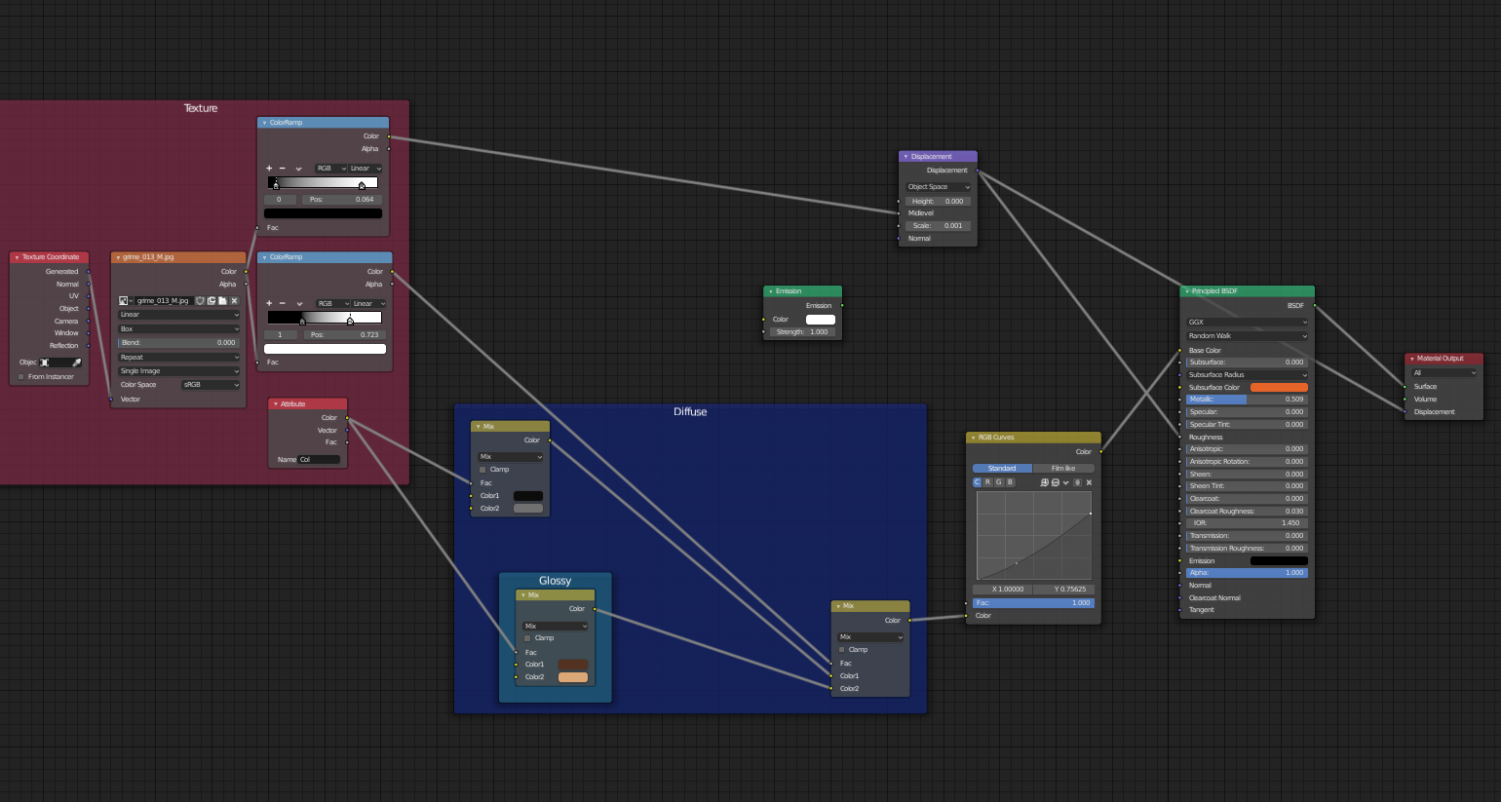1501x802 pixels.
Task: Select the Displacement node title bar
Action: tap(936, 156)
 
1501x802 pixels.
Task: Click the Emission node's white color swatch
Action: tap(820, 320)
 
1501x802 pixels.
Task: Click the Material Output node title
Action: tap(1443, 359)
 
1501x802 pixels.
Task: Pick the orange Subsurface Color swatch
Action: tap(1278, 388)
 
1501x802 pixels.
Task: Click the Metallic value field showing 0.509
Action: tap(1247, 400)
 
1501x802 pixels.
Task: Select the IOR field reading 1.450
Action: tap(1247, 523)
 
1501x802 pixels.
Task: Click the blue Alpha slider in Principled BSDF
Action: tap(1247, 573)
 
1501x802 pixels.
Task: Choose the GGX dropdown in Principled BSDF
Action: tap(1247, 323)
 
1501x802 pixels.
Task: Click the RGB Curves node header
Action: tap(1032, 438)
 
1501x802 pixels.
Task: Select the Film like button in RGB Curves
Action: tap(1063, 469)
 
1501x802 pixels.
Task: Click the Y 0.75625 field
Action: tap(1063, 590)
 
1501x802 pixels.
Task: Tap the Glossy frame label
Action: tap(555, 581)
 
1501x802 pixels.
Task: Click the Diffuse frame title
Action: tap(690, 412)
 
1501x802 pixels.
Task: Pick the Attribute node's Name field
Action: tap(319, 460)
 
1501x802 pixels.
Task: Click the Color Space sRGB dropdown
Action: tap(211, 385)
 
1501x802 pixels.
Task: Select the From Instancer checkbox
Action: tap(21, 377)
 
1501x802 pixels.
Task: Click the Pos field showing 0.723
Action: tap(345, 335)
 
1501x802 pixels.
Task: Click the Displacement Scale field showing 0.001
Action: tap(937, 226)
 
